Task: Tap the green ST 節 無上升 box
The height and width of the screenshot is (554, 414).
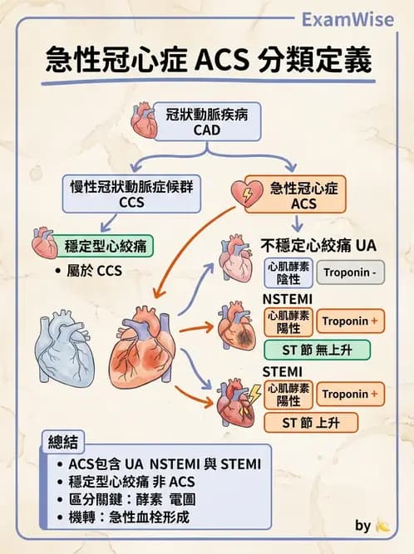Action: point(317,350)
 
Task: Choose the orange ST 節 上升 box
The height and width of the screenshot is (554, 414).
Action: point(311,422)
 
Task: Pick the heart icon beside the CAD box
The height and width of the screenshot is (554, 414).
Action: point(144,121)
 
